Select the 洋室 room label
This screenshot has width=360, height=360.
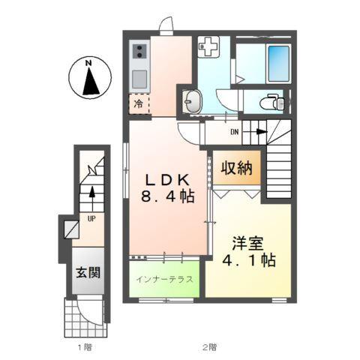tap(248, 243)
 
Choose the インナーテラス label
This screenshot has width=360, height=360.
tap(165, 280)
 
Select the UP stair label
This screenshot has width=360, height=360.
tap(90, 219)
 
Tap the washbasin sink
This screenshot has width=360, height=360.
tap(193, 101)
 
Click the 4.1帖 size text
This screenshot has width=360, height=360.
tap(248, 262)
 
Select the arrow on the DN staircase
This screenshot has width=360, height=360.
tap(256, 133)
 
